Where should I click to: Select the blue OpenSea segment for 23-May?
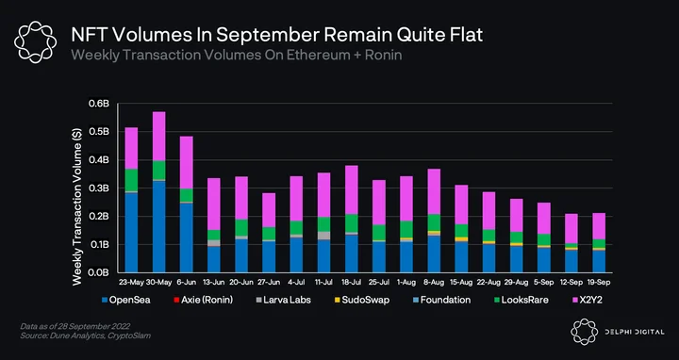[131, 233]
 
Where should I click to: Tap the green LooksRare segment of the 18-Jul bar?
[351, 223]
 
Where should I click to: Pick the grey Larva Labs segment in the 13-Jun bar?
[214, 243]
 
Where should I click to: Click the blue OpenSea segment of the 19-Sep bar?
[599, 261]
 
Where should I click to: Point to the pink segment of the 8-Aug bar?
[434, 191]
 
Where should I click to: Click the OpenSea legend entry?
[125, 300]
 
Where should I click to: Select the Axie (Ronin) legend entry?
[203, 300]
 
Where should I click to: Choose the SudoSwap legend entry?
[361, 300]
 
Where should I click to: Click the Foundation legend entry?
[441, 300]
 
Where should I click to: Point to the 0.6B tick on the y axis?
[99, 104]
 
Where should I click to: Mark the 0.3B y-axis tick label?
[99, 188]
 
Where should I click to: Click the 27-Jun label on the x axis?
[269, 282]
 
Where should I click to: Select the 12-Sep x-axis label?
[571, 282]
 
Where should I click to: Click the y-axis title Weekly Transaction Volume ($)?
[76, 206]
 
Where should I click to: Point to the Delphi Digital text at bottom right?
[635, 332]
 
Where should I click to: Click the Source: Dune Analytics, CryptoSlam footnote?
[85, 335]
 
